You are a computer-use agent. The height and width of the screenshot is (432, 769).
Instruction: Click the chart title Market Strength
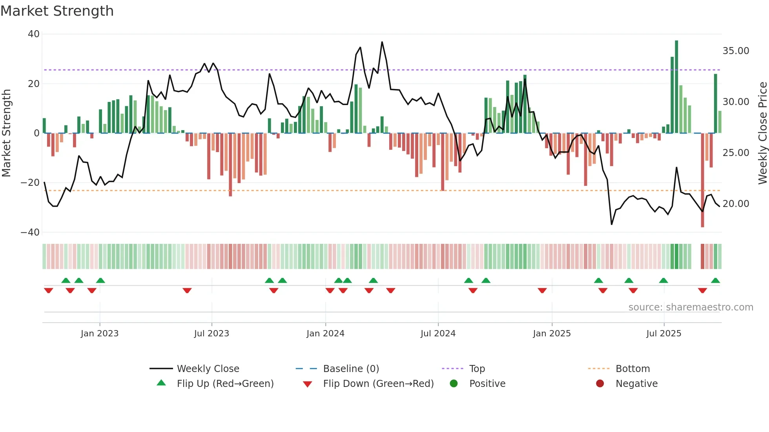(x=57, y=11)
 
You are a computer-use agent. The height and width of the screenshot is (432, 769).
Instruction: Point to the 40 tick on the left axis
(x=34, y=34)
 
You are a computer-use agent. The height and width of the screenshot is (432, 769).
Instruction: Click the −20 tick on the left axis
(x=30, y=183)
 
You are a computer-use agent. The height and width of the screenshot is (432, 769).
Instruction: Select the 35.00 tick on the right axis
(x=736, y=51)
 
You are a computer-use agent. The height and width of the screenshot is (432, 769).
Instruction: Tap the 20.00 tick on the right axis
(x=736, y=204)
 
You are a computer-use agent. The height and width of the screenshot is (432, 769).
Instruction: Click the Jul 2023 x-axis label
(x=211, y=334)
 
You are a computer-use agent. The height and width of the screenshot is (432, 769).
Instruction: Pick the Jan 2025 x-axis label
(x=552, y=334)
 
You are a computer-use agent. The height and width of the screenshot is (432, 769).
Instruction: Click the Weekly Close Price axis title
(x=762, y=133)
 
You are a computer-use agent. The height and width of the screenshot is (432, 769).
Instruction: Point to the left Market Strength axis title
(x=7, y=133)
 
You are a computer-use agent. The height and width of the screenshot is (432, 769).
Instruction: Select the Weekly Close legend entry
(x=208, y=369)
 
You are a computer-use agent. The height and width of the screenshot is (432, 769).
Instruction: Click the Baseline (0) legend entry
(x=351, y=369)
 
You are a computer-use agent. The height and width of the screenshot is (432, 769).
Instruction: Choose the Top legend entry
(x=477, y=369)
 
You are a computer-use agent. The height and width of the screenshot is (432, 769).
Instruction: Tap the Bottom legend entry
(x=632, y=369)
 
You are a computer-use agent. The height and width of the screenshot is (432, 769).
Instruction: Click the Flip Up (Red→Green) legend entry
(x=225, y=384)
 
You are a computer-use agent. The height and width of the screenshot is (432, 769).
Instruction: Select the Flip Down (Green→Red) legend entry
(x=378, y=384)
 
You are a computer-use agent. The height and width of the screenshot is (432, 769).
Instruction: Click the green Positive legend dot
(x=454, y=384)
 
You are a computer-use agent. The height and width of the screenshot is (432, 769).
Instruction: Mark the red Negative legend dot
(x=600, y=384)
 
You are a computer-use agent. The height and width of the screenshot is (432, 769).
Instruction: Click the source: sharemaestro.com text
(x=691, y=307)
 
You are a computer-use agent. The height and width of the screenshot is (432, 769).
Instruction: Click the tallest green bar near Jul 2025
(x=676, y=86)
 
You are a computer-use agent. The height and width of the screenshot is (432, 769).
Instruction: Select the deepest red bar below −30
(x=702, y=180)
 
